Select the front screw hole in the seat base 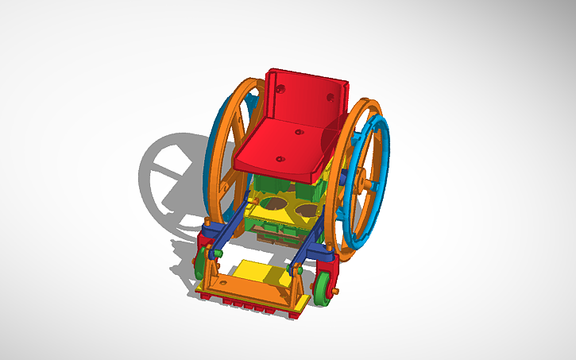tap(280, 158)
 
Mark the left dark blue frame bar tap(230, 230)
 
